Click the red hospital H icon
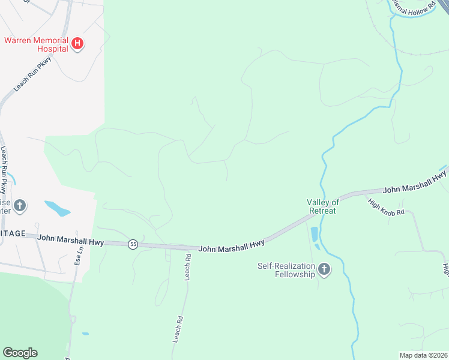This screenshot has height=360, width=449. tap(77, 43)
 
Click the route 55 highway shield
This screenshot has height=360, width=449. tap(133, 244)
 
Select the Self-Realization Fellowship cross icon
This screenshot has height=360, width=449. tap(324, 270)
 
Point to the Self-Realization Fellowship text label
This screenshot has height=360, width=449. tap(286, 270)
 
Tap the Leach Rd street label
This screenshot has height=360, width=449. tap(188, 265)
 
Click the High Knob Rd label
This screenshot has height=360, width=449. tap(387, 208)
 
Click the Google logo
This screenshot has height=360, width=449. tap(20, 353)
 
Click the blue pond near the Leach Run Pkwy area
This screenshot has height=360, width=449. tap(58, 209)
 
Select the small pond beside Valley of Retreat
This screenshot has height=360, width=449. tap(315, 235)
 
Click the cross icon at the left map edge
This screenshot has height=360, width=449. tap(20, 206)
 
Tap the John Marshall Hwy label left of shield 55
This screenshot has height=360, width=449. tap(71, 240)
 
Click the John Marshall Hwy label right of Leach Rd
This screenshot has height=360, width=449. tap(231, 246)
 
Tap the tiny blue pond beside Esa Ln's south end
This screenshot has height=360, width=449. tap(86, 334)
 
